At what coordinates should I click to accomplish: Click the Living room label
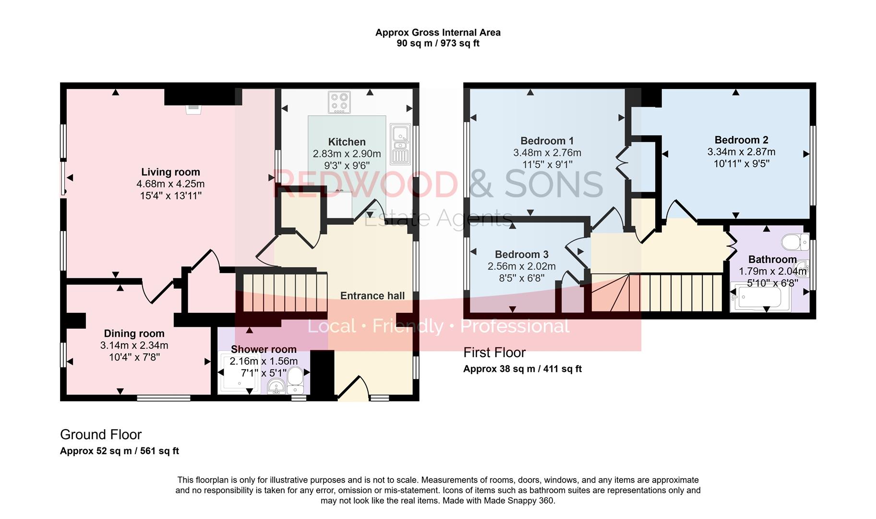pyautogui.click(x=170, y=172)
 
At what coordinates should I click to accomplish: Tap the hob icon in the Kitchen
pyautogui.click(x=339, y=102)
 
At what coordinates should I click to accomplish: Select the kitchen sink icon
pyautogui.click(x=399, y=144)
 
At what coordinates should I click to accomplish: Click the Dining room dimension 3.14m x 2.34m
pyautogui.click(x=134, y=345)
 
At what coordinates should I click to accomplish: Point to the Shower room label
pyautogui.click(x=264, y=349)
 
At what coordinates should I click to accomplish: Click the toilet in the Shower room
pyautogui.click(x=295, y=376)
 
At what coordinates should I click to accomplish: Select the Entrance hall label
pyautogui.click(x=372, y=296)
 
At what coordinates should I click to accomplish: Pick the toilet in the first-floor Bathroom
pyautogui.click(x=795, y=242)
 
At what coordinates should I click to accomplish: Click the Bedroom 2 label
pyautogui.click(x=741, y=140)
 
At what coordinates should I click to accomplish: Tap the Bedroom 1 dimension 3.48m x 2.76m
pyautogui.click(x=547, y=153)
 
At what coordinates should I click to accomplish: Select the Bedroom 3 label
pyautogui.click(x=521, y=254)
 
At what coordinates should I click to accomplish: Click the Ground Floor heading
pyautogui.click(x=101, y=434)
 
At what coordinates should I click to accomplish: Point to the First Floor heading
pyautogui.click(x=494, y=353)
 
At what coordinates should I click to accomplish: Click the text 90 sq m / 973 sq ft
pyautogui.click(x=437, y=43)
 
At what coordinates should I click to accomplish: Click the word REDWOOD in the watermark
pyautogui.click(x=365, y=185)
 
